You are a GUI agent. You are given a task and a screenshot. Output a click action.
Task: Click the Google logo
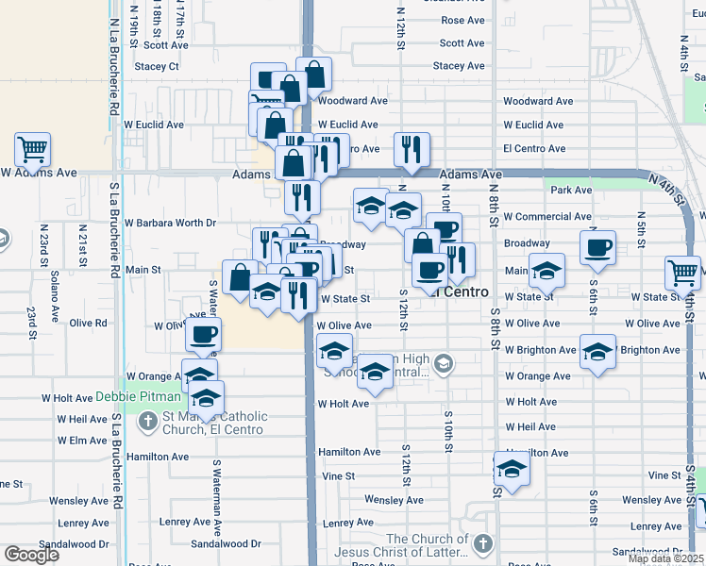(x=31, y=555)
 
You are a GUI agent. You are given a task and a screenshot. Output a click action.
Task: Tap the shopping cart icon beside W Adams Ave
(x=32, y=149)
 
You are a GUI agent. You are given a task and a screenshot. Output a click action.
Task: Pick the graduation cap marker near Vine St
(x=512, y=468)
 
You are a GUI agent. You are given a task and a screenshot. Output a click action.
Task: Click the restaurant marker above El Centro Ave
(x=412, y=148)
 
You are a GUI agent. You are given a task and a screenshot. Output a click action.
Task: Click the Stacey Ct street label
(x=157, y=66)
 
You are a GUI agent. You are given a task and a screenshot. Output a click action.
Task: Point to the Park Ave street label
(x=571, y=190)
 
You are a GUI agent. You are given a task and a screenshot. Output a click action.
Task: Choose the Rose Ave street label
(x=462, y=20)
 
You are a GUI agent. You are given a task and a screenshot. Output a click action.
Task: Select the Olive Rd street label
(x=88, y=322)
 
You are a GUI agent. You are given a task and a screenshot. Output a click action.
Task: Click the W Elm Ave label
(x=82, y=441)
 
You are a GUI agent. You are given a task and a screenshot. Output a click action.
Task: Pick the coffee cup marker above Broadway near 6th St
(x=597, y=247)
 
